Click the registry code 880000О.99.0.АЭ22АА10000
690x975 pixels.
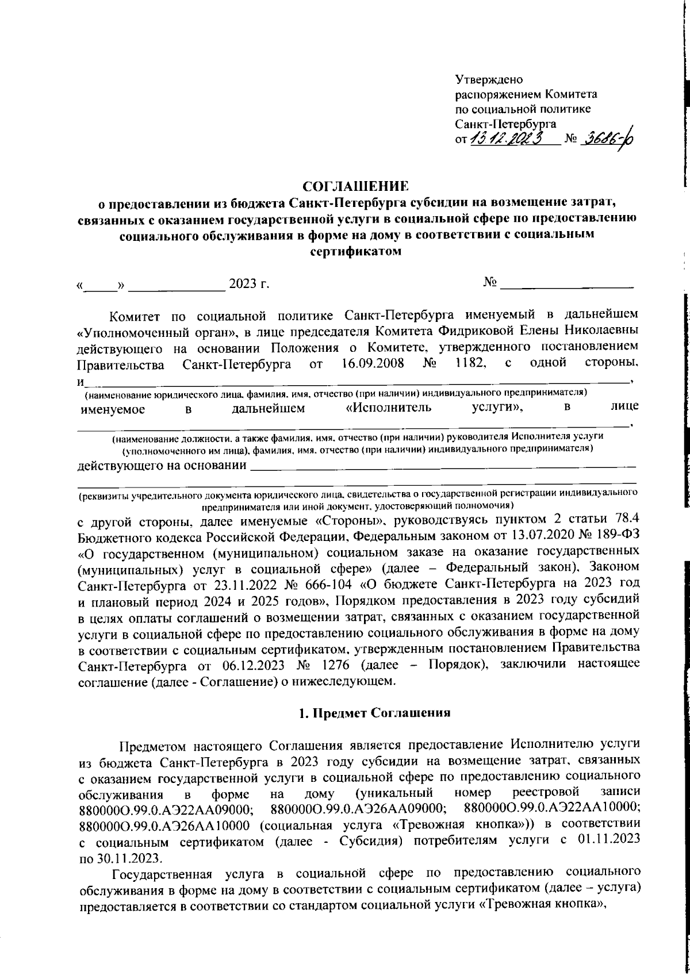pos(552,809)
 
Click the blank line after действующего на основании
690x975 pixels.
pos(443,465)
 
